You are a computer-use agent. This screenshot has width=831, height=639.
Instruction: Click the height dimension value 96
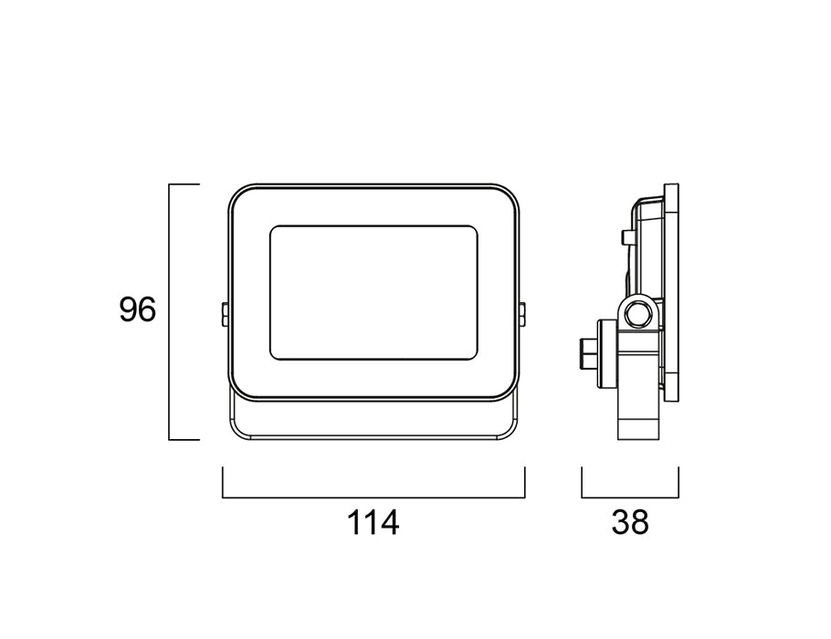(x=138, y=310)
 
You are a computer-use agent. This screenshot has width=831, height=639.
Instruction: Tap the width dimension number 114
(x=373, y=524)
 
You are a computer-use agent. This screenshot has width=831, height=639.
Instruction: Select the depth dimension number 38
(x=630, y=524)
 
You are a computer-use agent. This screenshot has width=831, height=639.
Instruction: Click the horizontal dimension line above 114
(x=373, y=498)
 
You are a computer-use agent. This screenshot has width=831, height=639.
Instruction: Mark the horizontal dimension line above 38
(x=630, y=498)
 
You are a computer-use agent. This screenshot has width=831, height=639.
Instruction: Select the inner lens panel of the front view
(x=373, y=292)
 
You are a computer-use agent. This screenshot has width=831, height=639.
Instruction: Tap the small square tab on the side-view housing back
(x=626, y=237)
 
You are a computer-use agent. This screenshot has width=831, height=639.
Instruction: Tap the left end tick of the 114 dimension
(x=223, y=483)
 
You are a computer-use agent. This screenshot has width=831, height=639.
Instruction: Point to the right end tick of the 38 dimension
(x=678, y=483)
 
